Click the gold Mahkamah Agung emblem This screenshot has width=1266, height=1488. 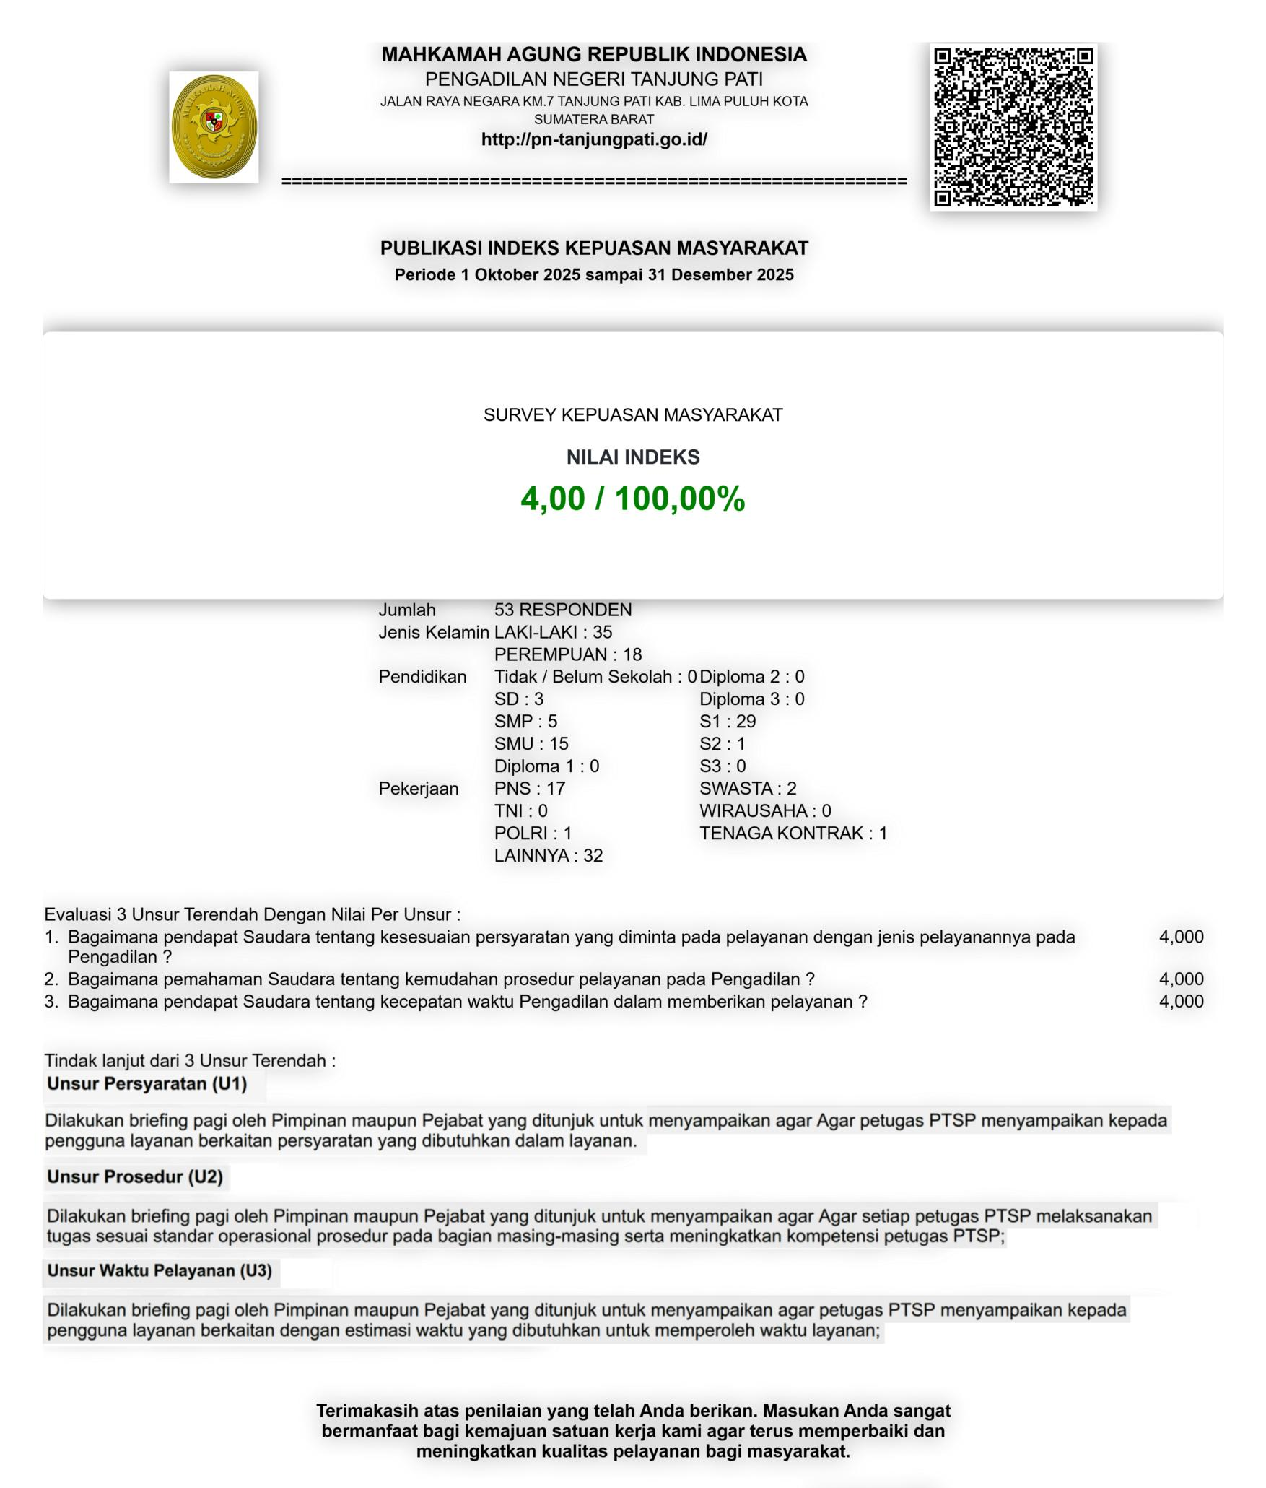(x=214, y=127)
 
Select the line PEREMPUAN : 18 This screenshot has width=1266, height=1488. (x=568, y=654)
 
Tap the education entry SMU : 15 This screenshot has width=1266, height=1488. (x=531, y=744)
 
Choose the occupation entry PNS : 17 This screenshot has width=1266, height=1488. (x=530, y=788)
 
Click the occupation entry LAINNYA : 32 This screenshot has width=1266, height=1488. (x=548, y=856)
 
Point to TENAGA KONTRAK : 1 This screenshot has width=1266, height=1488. (x=793, y=834)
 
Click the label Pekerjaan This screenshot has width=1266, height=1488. (x=418, y=788)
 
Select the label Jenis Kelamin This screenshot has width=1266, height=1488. (x=433, y=632)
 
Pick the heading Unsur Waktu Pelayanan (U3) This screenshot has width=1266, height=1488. (x=159, y=1271)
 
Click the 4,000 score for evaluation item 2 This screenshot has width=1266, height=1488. (x=1180, y=979)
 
